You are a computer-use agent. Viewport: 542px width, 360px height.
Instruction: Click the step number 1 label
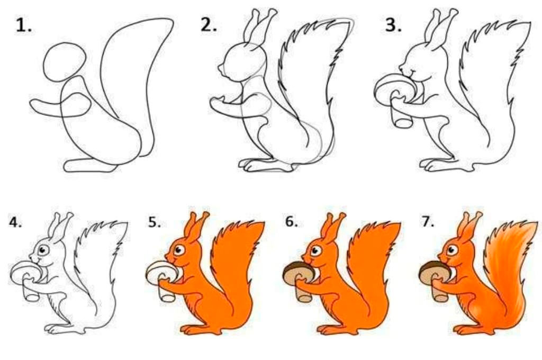[x=23, y=26]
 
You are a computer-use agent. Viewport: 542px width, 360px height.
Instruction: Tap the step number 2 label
[x=209, y=24]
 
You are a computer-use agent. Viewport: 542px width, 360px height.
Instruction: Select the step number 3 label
[x=393, y=25]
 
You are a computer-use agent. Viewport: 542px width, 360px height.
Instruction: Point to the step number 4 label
[x=15, y=222]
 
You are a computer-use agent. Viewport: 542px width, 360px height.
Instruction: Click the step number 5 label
[x=155, y=222]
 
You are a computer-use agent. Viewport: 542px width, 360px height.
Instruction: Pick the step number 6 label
[x=292, y=222]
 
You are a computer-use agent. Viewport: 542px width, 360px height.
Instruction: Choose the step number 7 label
[x=428, y=222]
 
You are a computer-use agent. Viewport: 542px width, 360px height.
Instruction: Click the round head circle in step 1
[x=64, y=62]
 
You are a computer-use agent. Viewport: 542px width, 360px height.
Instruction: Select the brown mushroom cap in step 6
[x=297, y=272]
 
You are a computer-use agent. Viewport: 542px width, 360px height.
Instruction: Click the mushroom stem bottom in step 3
[x=403, y=122]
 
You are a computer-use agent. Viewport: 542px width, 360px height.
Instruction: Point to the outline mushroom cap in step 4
[x=25, y=272]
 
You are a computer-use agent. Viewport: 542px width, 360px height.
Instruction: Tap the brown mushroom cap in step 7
[x=434, y=272]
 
